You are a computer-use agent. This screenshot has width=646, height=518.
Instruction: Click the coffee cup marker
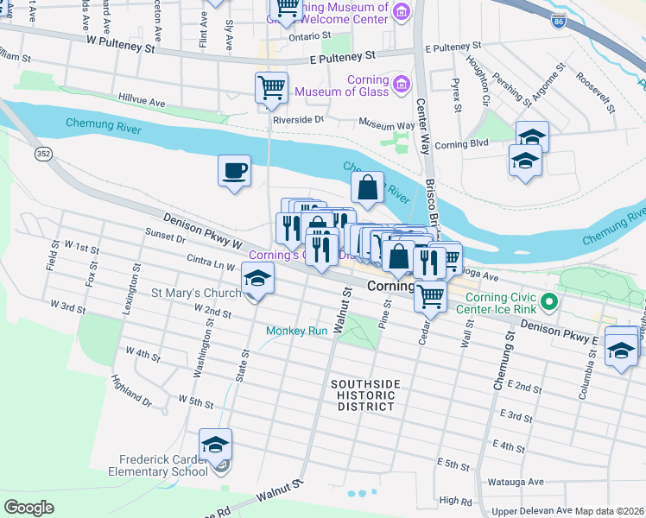233,170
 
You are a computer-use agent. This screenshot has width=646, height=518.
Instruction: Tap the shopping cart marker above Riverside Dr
271,87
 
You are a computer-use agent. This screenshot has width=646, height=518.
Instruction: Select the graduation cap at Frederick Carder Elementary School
215,445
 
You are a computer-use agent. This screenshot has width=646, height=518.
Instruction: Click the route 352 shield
42,154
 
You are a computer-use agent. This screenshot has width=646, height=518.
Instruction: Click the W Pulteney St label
119,43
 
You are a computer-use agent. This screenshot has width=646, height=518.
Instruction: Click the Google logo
28,508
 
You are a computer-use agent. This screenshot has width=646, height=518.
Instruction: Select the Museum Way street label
388,123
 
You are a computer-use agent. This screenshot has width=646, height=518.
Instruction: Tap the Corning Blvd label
462,144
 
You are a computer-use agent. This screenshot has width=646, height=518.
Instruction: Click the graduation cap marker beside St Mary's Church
256,277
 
